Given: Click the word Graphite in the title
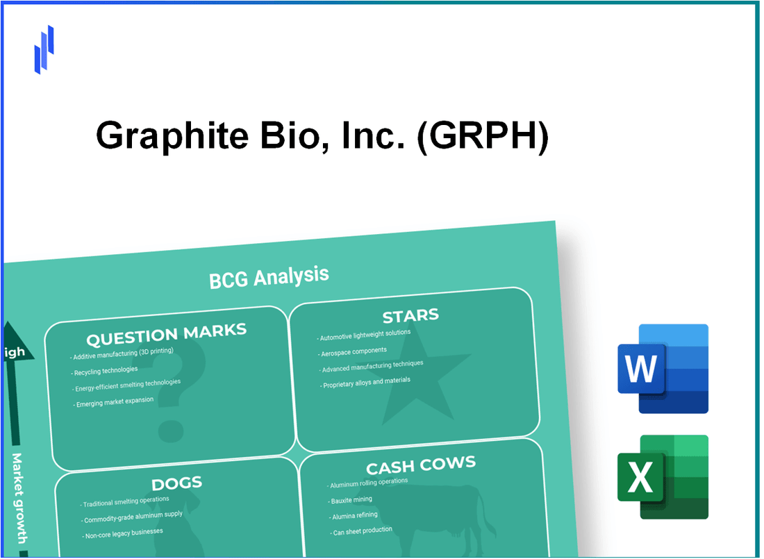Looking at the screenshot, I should pyautogui.click(x=170, y=136).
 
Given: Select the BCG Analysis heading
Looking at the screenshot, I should pyautogui.click(x=269, y=276).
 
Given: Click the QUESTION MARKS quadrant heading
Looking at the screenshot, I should pyautogui.click(x=166, y=335).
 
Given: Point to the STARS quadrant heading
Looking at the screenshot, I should pyautogui.click(x=410, y=316).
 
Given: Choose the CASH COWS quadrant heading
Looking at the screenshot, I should pyautogui.click(x=422, y=464).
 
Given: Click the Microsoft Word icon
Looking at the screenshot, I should pyautogui.click(x=663, y=369).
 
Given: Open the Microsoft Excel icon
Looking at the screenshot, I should pyautogui.click(x=663, y=476).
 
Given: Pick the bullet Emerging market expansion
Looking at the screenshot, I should pyautogui.click(x=115, y=402).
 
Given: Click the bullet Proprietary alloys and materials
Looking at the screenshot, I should pyautogui.click(x=367, y=381).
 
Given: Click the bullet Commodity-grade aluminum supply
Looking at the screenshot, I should pyautogui.click(x=131, y=515).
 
